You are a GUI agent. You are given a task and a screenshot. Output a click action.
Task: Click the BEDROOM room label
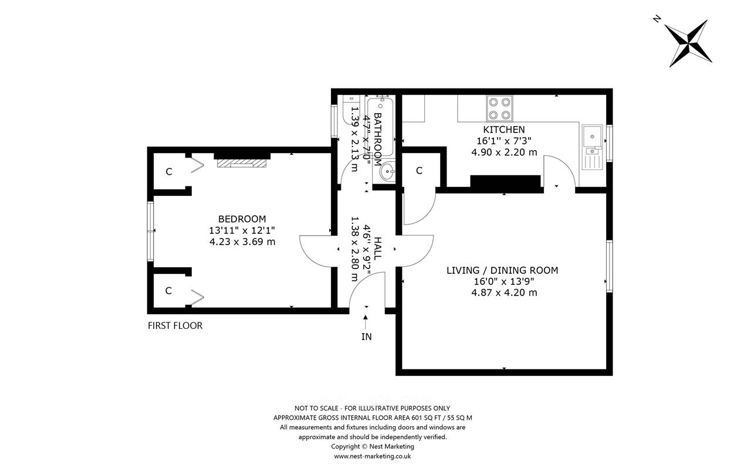click(x=242, y=219)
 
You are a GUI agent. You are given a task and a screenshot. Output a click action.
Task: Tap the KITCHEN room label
click(x=504, y=130)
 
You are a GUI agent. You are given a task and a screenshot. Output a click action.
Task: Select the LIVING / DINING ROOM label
click(x=502, y=270)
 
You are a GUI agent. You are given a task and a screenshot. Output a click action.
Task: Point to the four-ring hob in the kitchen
click(x=499, y=108)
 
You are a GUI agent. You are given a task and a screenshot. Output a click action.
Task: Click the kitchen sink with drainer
click(x=593, y=147)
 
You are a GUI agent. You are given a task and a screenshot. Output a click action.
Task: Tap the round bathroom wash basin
click(x=388, y=172)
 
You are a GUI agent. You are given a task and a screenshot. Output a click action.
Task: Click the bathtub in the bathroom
click(x=381, y=127)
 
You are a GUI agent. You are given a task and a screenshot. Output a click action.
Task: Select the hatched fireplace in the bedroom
click(x=242, y=163)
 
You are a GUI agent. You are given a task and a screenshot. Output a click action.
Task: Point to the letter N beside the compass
click(x=657, y=19)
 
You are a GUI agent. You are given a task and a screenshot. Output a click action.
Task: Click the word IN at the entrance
click(x=367, y=337)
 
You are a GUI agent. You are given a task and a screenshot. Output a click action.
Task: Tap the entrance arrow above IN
click(x=366, y=322)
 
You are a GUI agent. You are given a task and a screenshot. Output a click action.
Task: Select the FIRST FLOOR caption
click(x=175, y=325)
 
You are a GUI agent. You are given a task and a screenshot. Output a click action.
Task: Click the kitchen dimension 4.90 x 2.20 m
click(x=504, y=152)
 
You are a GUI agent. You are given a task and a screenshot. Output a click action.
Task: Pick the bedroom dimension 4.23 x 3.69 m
click(x=242, y=242)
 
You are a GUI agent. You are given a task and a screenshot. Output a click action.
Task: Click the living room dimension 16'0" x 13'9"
click(x=504, y=281)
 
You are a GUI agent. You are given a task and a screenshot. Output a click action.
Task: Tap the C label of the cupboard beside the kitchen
click(x=419, y=171)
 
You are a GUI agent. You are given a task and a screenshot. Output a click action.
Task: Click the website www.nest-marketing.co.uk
click(x=373, y=456)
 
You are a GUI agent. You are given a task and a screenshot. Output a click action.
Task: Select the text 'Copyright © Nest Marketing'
click(x=373, y=447)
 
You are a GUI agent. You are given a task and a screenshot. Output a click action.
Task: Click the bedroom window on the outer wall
click(x=151, y=231)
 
